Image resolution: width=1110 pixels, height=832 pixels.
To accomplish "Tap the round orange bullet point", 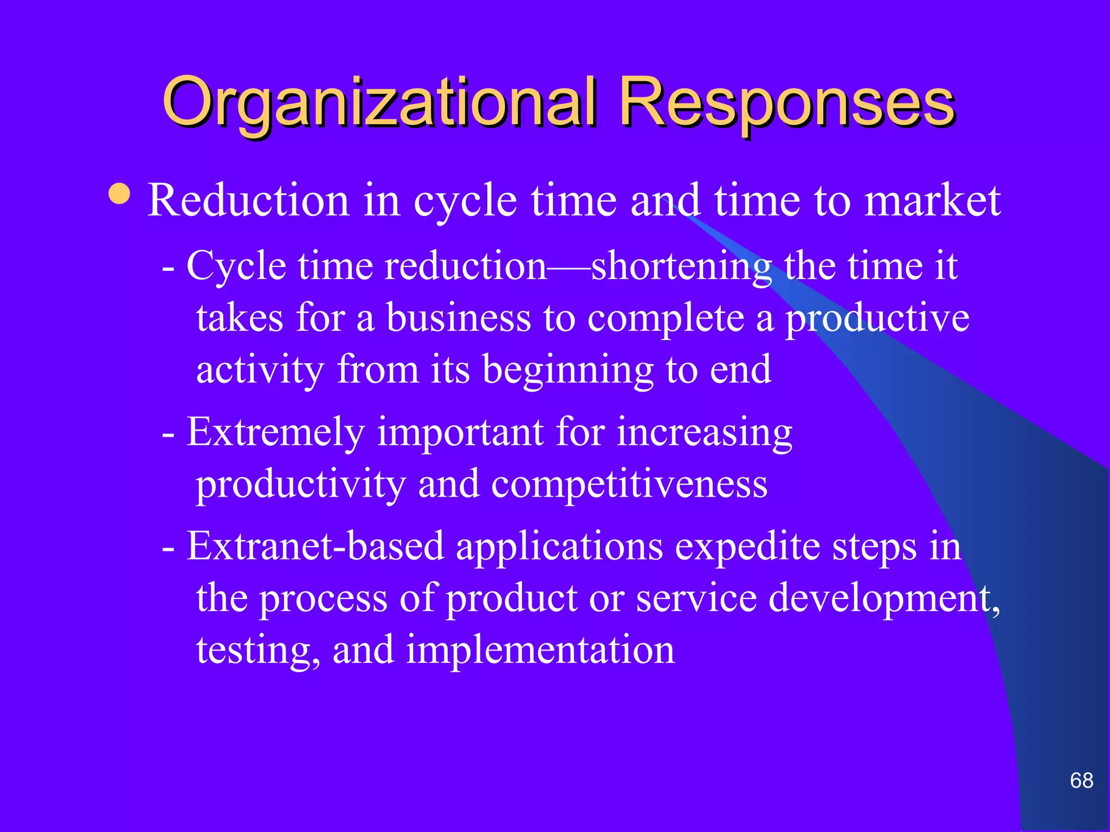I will [x=119, y=194].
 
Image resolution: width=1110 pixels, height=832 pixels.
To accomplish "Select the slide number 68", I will [x=1081, y=781].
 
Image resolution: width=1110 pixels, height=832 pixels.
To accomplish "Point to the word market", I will [x=932, y=200].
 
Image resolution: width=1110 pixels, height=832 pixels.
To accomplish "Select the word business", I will [x=458, y=318].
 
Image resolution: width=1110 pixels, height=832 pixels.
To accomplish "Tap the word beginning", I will [x=567, y=370].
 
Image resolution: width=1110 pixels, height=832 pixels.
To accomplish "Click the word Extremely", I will [x=275, y=433].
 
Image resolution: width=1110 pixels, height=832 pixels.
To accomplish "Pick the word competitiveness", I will [x=629, y=484].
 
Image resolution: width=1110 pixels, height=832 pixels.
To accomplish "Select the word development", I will [x=883, y=599].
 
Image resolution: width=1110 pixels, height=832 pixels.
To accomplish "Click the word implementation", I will [x=540, y=650].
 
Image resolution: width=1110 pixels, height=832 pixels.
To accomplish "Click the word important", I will [x=461, y=433].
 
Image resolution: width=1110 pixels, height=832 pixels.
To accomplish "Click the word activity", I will [x=260, y=370].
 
